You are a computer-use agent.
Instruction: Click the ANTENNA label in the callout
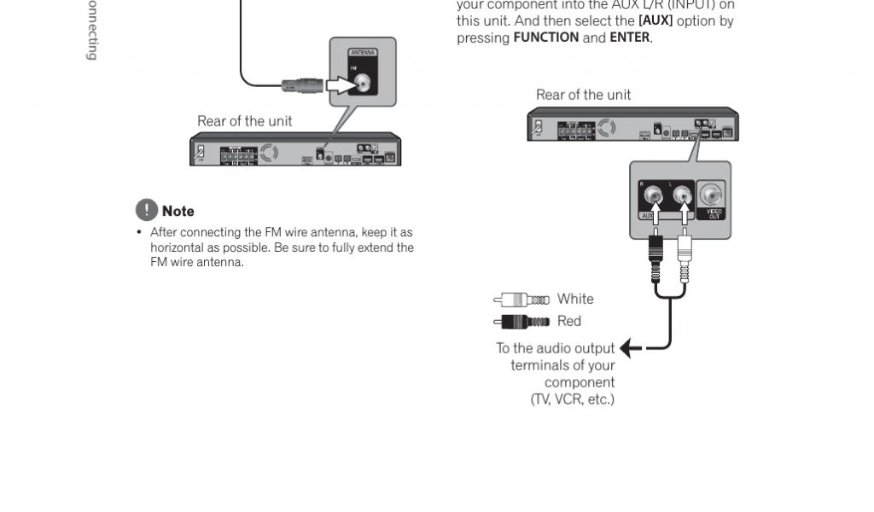tap(363, 54)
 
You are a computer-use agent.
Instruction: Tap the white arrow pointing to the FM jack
tap(343, 84)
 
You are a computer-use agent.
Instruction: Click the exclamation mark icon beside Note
tap(146, 210)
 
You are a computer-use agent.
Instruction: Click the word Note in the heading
tap(178, 211)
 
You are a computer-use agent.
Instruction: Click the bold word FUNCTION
tap(546, 38)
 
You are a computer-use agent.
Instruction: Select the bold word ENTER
tap(629, 38)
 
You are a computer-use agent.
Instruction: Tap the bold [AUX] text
tap(655, 21)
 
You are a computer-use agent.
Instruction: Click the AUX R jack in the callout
tap(655, 198)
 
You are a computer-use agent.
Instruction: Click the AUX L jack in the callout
tap(683, 198)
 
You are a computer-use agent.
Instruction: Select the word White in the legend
tap(574, 299)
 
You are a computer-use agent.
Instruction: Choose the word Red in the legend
tap(568, 321)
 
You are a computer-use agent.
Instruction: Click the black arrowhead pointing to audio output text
tap(627, 348)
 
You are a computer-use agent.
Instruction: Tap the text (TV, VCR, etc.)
tap(572, 399)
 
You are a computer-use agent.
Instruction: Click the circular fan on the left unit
tap(269, 154)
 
